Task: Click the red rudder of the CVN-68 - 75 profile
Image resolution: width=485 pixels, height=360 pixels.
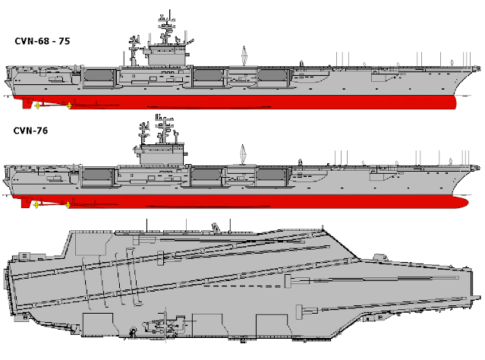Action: point(27,103)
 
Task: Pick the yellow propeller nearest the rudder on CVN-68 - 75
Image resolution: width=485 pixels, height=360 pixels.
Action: point(39,105)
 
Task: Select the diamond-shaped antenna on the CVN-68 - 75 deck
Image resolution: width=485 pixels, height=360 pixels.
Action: point(243,55)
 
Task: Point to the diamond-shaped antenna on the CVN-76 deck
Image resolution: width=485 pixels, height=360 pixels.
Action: point(243,154)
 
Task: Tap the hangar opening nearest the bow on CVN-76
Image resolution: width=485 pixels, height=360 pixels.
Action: point(269,175)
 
